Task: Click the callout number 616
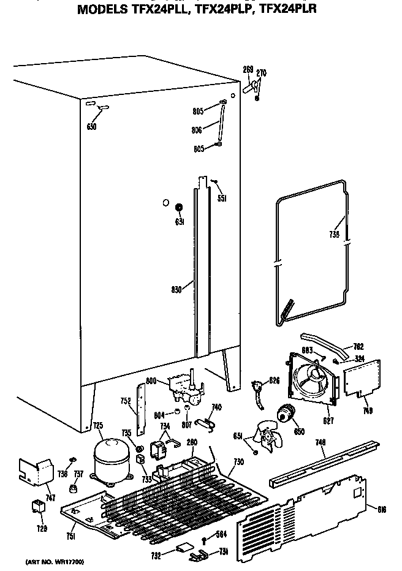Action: click(x=382, y=509)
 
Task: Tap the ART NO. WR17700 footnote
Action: click(x=55, y=561)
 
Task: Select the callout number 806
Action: click(x=197, y=129)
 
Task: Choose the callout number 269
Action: click(x=248, y=69)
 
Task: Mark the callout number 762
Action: click(x=359, y=346)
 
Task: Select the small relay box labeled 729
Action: click(x=37, y=507)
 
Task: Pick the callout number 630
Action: click(x=93, y=127)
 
